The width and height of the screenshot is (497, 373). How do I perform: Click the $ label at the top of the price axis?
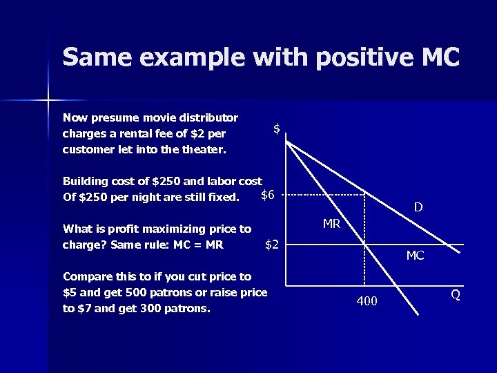pos(276,128)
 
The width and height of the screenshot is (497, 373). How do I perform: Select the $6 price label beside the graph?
pos(268,195)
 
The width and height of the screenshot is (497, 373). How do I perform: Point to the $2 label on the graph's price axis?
pos(272,245)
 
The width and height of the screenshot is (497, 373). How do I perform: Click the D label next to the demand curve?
pos(418,207)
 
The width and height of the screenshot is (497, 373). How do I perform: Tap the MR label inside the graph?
pos(331,223)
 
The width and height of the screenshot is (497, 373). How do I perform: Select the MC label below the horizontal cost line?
pos(415,256)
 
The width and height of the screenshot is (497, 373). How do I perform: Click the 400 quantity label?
pos(367,300)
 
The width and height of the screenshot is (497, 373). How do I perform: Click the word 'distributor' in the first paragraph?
pos(210,117)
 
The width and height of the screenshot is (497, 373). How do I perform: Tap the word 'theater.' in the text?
pos(204,149)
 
